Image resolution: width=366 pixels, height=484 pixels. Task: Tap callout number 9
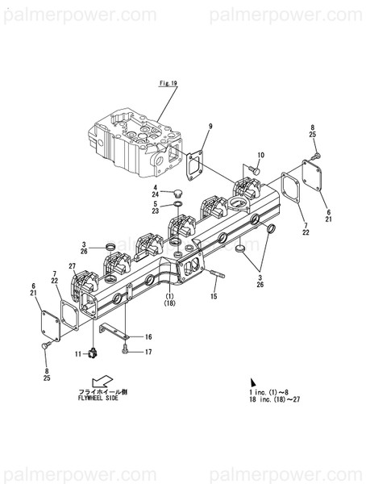click(x=210, y=127)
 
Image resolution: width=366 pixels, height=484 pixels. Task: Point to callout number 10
click(x=260, y=155)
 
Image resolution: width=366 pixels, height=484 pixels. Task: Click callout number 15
click(x=214, y=297)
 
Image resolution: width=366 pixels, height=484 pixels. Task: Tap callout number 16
click(x=148, y=336)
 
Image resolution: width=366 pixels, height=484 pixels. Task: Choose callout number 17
click(x=148, y=352)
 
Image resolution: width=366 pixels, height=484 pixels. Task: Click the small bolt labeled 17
click(x=127, y=351)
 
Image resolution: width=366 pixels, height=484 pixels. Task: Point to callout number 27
click(x=72, y=265)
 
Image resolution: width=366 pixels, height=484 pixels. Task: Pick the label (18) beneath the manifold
click(x=170, y=303)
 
